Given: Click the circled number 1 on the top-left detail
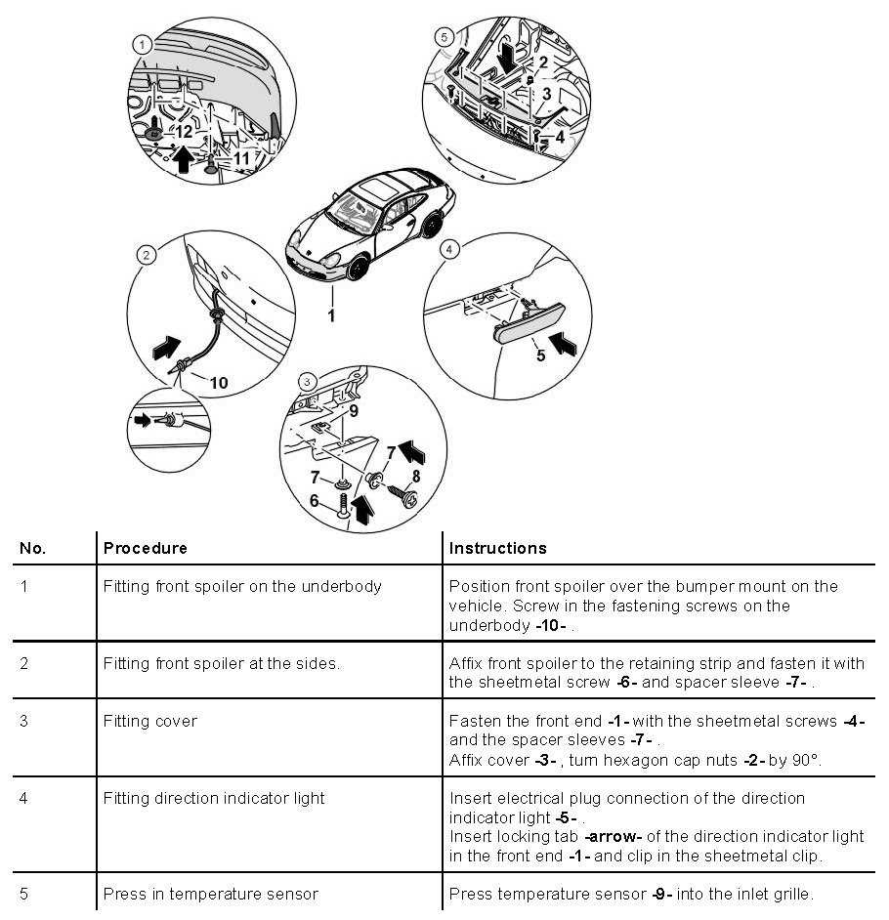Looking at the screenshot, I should (143, 44).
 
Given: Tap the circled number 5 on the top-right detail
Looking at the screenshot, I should (444, 36).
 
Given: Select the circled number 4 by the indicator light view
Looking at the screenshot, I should (448, 249).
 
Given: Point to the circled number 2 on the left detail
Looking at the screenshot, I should (146, 255).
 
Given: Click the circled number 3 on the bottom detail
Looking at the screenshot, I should (307, 380).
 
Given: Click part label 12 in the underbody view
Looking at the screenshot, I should (185, 130).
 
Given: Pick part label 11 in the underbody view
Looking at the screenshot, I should (241, 155).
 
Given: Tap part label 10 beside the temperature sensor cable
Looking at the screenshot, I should (219, 383).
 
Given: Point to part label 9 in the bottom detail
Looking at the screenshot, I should (353, 411).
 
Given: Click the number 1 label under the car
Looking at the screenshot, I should (331, 315).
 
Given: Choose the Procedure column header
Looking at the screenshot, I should (145, 548).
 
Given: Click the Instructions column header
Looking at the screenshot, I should (497, 548).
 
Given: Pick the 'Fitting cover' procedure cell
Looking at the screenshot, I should (150, 722).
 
